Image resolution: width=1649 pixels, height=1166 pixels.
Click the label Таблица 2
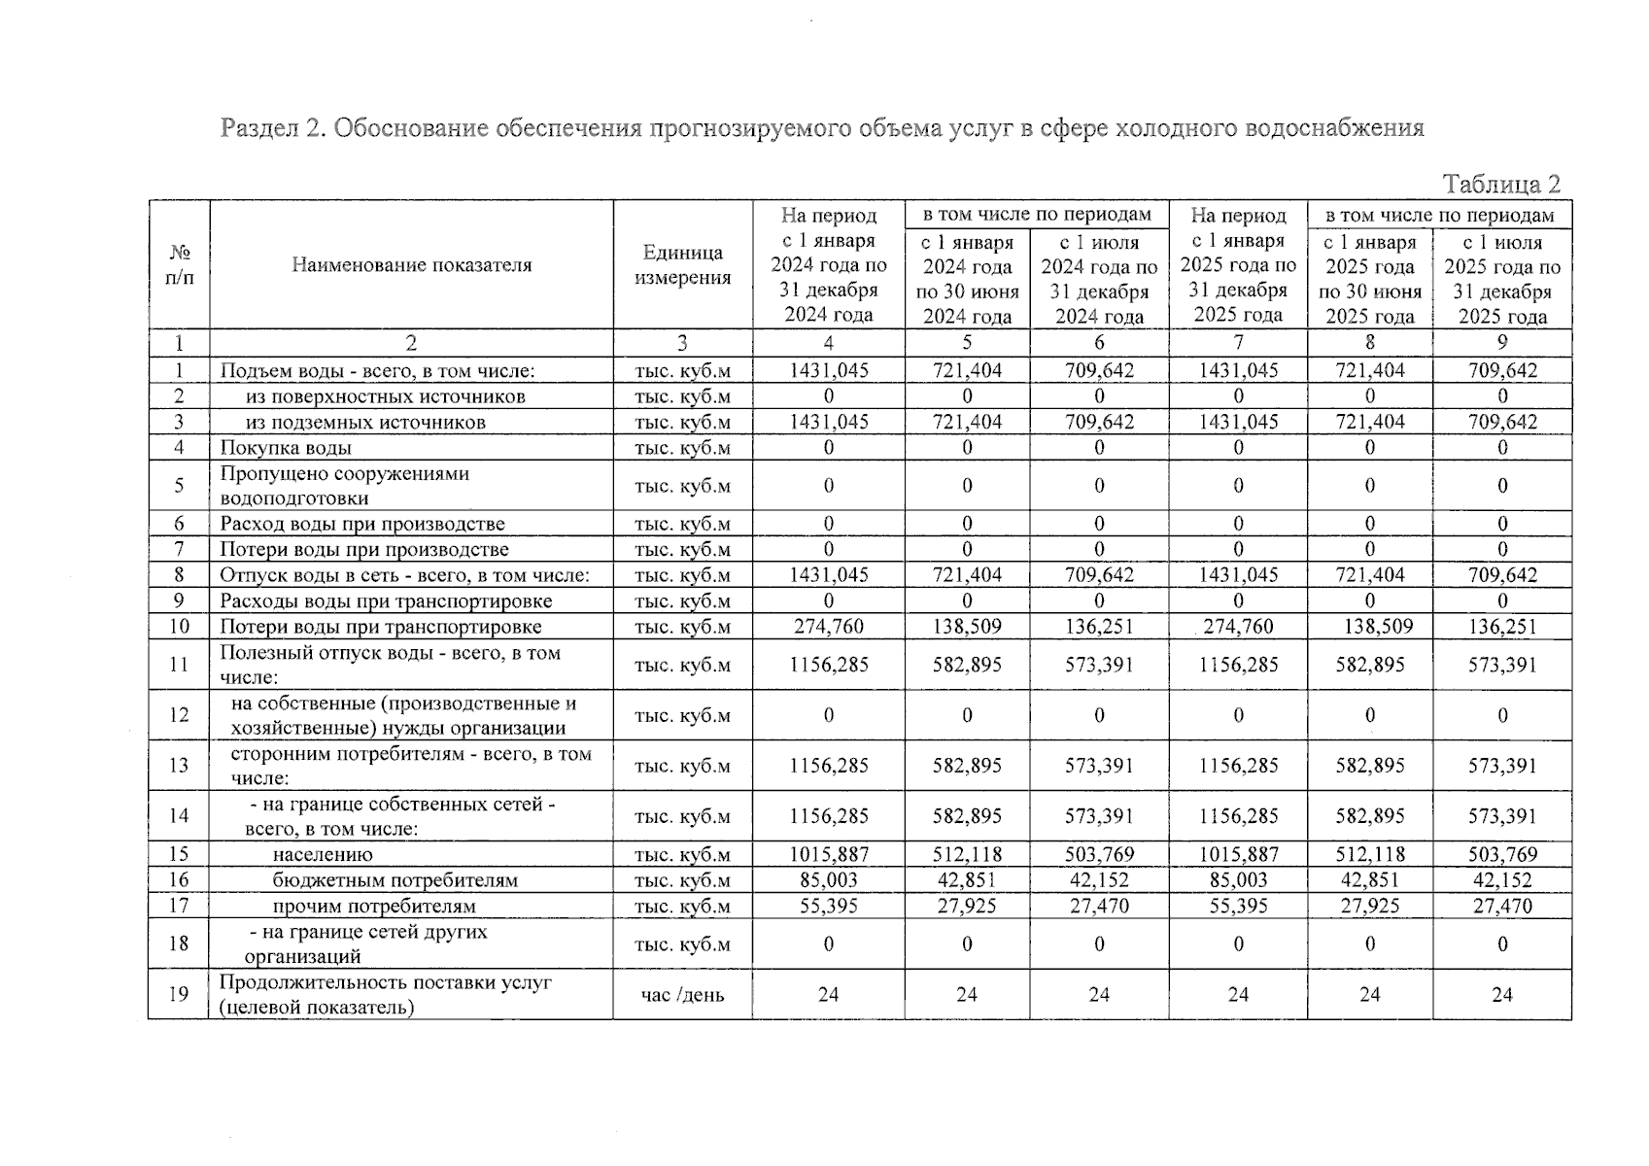(x=1501, y=185)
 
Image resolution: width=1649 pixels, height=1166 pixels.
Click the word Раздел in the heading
(x=258, y=128)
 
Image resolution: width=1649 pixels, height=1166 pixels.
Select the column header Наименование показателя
(x=411, y=265)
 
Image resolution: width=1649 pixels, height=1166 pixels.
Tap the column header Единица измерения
(x=682, y=265)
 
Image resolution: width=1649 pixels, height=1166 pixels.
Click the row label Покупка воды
(x=286, y=448)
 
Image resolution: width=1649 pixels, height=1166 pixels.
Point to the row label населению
(x=323, y=855)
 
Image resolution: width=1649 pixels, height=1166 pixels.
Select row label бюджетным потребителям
(x=395, y=881)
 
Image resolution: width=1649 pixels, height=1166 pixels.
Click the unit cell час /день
(x=682, y=995)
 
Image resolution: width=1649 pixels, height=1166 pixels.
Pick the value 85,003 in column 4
(x=828, y=880)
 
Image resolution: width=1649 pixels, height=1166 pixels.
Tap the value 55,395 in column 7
(x=1238, y=906)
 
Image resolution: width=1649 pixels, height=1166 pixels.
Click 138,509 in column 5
(x=967, y=627)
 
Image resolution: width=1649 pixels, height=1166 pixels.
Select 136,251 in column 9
(x=1502, y=627)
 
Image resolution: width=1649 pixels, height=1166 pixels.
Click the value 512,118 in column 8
(x=1369, y=855)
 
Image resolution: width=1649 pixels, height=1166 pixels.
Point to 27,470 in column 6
(x=1099, y=906)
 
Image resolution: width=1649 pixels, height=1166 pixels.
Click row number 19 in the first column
(x=179, y=994)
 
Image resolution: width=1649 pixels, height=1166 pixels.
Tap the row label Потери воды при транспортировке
(x=380, y=628)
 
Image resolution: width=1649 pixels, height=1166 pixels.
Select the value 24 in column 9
(x=1502, y=995)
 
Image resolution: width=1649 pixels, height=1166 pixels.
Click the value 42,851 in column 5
(x=967, y=880)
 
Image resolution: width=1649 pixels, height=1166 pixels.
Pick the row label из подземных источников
(x=365, y=423)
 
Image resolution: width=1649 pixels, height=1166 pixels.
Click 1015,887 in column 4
(x=828, y=855)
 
